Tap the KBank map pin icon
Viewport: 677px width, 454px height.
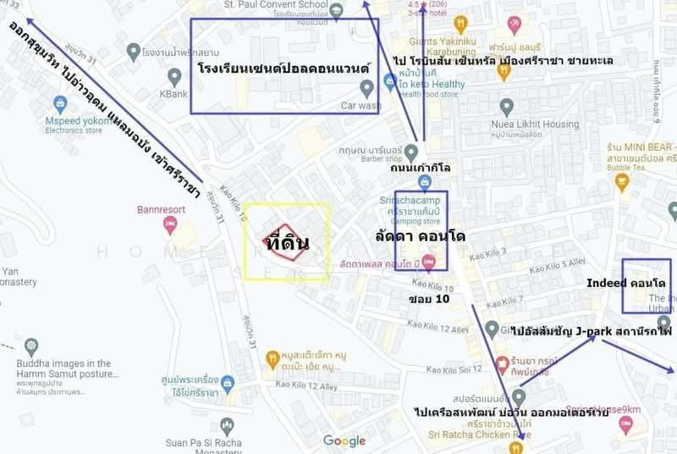(174, 76)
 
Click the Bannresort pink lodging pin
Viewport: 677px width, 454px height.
(170, 224)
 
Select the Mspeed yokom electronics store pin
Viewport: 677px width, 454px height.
(60, 105)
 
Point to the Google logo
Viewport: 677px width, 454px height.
(344, 441)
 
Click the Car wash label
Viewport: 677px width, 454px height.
(361, 106)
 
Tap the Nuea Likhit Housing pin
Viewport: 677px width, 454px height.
(506, 108)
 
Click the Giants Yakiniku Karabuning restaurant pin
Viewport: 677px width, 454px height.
(460, 25)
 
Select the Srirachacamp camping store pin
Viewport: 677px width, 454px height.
(423, 182)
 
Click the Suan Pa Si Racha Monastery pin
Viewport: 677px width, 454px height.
(226, 426)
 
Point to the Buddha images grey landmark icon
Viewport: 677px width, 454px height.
(31, 346)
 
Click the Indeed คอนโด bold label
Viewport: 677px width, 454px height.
(625, 281)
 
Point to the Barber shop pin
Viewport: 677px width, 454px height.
(410, 152)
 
